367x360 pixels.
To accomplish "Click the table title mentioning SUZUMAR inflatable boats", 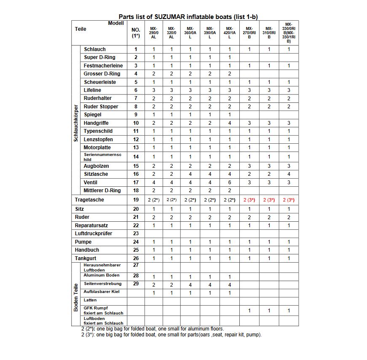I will [x=188, y=17].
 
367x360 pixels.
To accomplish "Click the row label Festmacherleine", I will [x=103, y=66].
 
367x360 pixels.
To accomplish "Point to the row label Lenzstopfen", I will [x=99, y=140].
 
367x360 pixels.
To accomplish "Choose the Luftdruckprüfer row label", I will [x=94, y=234].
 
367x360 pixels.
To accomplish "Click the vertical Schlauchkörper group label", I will [x=75, y=123].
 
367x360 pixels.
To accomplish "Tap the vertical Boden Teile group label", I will [x=76, y=297].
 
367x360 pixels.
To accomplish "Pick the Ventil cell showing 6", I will [x=230, y=183].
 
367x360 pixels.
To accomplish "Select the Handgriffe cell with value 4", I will [x=230, y=123].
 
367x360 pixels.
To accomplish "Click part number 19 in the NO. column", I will [x=136, y=200].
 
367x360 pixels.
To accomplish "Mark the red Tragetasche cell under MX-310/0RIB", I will [x=269, y=200].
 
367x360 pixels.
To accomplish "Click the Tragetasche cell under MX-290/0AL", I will [x=153, y=200].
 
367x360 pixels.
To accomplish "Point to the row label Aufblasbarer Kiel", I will [x=101, y=292].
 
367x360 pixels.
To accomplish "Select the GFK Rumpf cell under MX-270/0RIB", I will [x=249, y=311].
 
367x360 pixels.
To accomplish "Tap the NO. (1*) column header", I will [x=136, y=33].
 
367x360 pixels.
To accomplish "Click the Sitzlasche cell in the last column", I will [x=289, y=174].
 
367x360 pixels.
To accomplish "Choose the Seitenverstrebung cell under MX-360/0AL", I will [x=190, y=285].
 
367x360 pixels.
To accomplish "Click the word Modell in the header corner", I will [x=116, y=23].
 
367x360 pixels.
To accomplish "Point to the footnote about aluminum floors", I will [x=153, y=329].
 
